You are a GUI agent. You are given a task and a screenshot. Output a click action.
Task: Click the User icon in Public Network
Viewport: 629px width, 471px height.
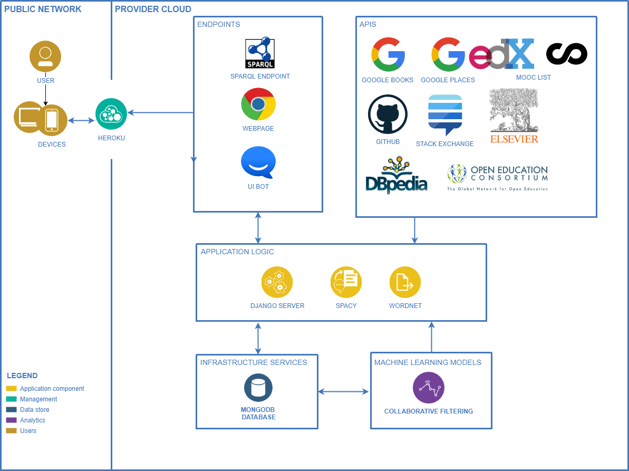pos(45,56)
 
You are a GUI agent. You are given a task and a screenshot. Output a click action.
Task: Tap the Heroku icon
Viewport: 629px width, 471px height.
pos(111,114)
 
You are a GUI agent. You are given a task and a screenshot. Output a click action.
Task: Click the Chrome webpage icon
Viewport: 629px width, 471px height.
pos(258,104)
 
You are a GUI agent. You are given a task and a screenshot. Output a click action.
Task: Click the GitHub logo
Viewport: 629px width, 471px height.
pos(388,114)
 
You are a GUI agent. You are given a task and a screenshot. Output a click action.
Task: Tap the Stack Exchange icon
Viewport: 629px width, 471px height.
pos(445,115)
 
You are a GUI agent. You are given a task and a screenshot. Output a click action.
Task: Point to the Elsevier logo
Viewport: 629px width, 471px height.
pos(514,116)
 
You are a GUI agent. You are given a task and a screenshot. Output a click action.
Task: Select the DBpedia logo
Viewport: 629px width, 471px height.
pos(396,175)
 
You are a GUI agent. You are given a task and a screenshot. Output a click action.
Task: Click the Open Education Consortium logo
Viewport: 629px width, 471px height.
pos(498,177)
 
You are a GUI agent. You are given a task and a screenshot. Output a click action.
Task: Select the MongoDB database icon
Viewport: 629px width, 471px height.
pos(258,388)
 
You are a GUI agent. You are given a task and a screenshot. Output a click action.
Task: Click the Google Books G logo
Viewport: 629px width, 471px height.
pos(388,54)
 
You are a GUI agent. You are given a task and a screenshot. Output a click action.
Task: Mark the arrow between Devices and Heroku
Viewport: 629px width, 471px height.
pos(81,121)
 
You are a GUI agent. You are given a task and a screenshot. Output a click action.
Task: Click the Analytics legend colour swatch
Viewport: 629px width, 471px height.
pos(11,420)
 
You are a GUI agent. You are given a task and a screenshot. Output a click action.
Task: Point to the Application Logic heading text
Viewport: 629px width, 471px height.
pos(237,252)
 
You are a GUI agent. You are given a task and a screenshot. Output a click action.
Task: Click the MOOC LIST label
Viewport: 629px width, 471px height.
pos(533,78)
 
